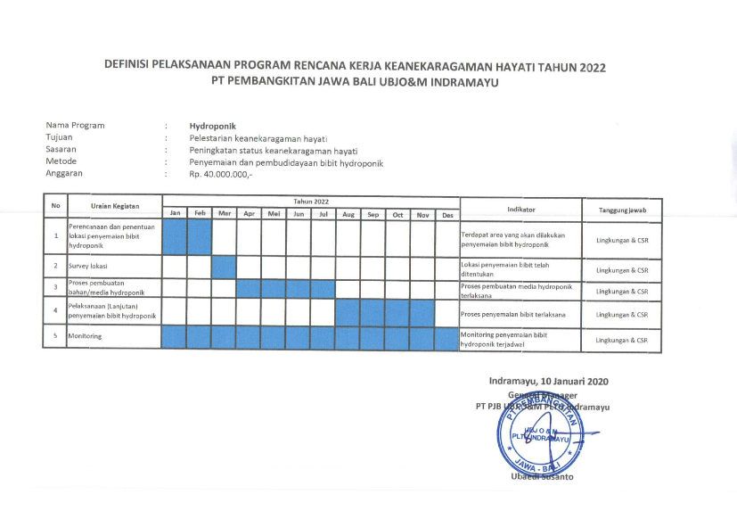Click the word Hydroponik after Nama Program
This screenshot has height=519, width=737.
point(213,126)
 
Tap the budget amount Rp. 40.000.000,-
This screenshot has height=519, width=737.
point(221,174)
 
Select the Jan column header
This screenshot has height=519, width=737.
point(176,214)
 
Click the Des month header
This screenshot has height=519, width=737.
point(447,214)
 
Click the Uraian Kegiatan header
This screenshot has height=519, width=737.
point(115,206)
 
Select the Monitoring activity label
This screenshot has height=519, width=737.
point(85,336)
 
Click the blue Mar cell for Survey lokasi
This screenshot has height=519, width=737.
point(224,266)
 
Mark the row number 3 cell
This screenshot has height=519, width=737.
point(55,288)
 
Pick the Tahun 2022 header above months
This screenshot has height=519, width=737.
point(311,202)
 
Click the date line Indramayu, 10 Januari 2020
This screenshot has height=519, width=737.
point(548,381)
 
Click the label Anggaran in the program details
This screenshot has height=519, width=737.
point(64,174)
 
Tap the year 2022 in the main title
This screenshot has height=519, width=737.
point(596,66)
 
